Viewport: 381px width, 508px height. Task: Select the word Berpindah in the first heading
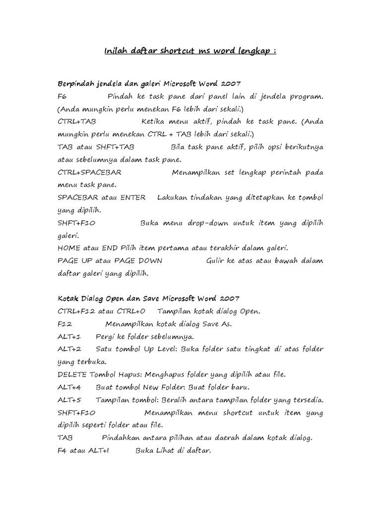[75, 82]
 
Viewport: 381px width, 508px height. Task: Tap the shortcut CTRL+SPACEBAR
[89, 173]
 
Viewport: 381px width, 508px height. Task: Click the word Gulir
[216, 261]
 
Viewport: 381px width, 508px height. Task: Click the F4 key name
[62, 451]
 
